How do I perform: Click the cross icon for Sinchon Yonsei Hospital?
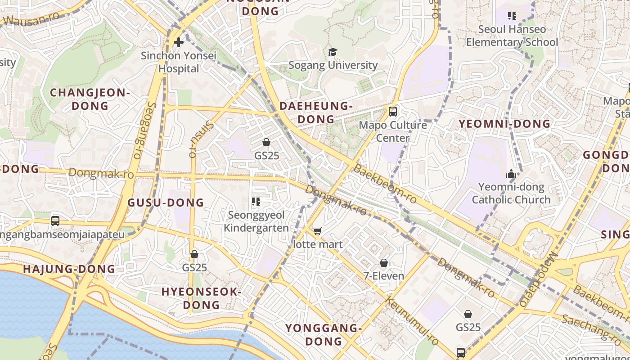click(x=179, y=43)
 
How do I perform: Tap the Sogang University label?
click(x=333, y=65)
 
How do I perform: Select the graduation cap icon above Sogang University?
click(x=333, y=52)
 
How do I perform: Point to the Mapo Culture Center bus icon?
click(x=393, y=111)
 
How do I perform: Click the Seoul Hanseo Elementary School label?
click(x=512, y=36)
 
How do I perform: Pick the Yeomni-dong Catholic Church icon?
click(x=511, y=174)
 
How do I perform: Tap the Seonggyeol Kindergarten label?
click(x=256, y=221)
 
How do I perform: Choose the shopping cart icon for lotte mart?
click(x=318, y=231)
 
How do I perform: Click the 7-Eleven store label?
click(x=384, y=276)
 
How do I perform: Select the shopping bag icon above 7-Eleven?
click(x=384, y=263)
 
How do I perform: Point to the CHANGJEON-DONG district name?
click(x=90, y=99)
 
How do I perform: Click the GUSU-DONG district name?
click(x=166, y=202)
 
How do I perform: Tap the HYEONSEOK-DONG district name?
click(x=201, y=298)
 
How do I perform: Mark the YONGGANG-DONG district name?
click(x=324, y=334)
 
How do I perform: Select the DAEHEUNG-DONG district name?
click(x=315, y=112)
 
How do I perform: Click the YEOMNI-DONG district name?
click(x=504, y=124)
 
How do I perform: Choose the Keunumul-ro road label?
click(x=412, y=322)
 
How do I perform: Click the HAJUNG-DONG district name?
click(x=69, y=269)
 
